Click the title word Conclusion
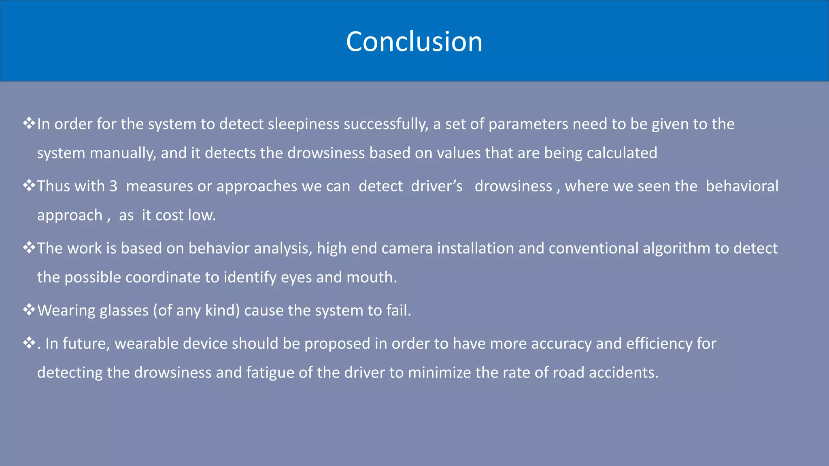point(414,41)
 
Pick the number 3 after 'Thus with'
point(113,186)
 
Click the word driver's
point(437,186)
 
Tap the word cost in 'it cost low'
point(170,215)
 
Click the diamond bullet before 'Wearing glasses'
point(29,310)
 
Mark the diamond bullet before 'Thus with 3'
point(29,186)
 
